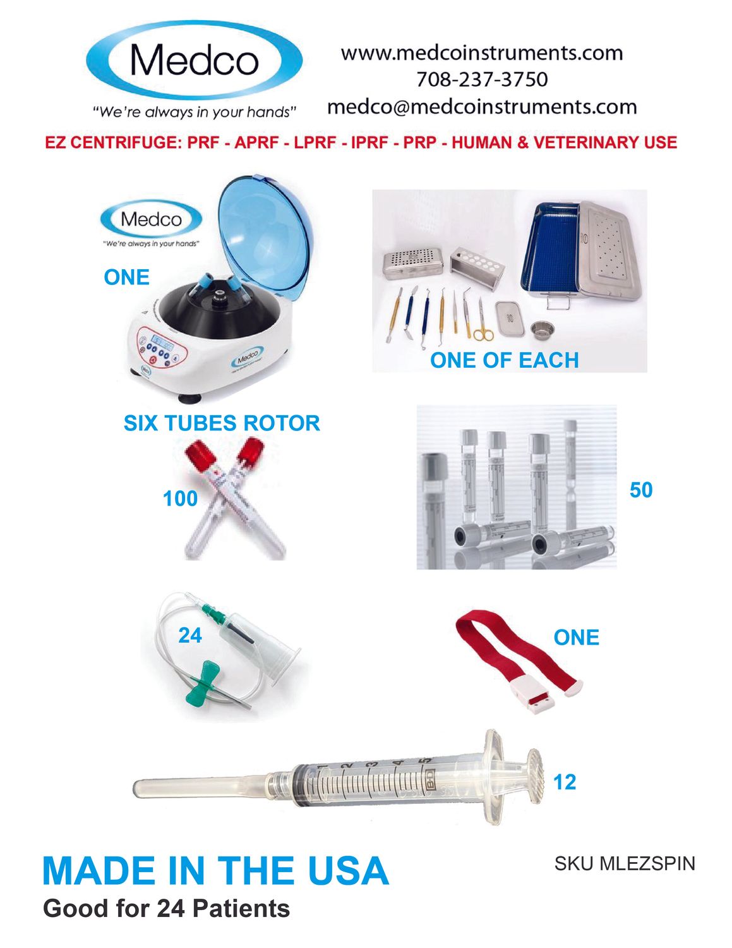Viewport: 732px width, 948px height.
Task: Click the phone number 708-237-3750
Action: click(x=482, y=80)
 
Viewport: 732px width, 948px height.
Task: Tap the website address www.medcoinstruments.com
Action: click(x=482, y=53)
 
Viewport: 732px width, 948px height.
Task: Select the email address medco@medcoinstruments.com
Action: click(x=482, y=107)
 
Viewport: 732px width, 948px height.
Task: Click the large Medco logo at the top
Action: click(x=195, y=61)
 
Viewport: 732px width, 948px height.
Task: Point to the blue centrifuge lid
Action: click(x=266, y=233)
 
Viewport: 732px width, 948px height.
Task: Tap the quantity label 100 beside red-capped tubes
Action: click(x=180, y=498)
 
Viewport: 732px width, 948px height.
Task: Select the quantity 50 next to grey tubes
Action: click(x=641, y=490)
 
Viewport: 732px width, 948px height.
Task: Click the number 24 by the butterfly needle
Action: click(x=190, y=635)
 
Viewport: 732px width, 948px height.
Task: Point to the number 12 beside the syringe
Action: click(x=565, y=782)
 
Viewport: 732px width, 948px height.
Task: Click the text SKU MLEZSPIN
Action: click(x=625, y=864)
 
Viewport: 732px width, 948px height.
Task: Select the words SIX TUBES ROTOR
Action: click(x=222, y=423)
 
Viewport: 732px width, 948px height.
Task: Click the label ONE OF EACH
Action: click(x=505, y=360)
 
